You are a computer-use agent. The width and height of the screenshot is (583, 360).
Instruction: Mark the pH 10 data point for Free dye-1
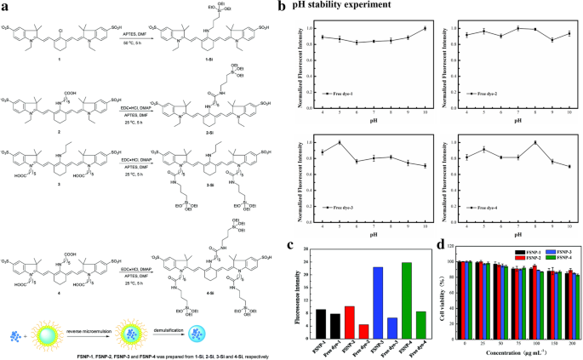425,29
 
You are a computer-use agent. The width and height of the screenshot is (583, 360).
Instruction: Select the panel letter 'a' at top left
6,6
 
